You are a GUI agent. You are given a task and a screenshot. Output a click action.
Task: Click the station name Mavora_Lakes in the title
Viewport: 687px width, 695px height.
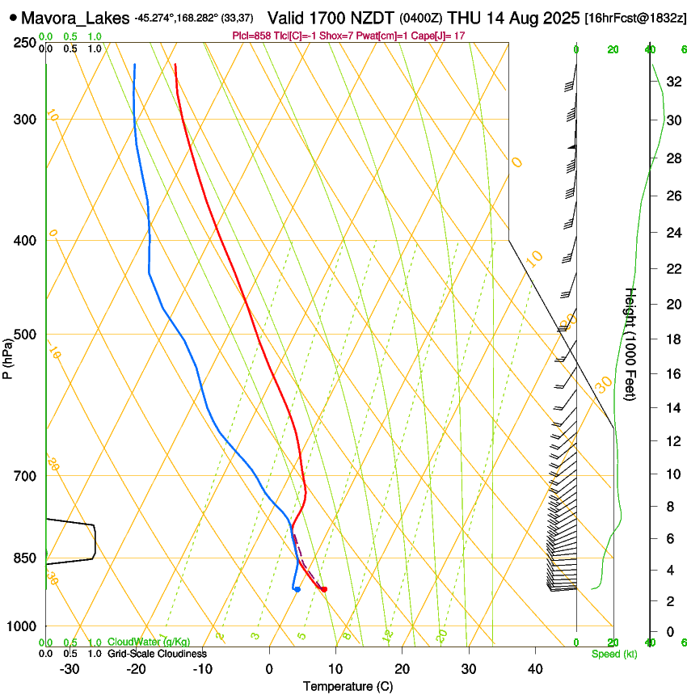74,17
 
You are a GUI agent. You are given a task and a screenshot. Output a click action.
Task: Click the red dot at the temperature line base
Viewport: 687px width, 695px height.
323,589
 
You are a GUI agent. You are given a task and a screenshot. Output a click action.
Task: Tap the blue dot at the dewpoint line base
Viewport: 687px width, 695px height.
297,589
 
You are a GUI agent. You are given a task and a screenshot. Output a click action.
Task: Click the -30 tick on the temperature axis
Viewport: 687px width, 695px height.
70,669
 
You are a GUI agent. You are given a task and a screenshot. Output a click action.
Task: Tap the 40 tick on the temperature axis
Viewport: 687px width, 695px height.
534,669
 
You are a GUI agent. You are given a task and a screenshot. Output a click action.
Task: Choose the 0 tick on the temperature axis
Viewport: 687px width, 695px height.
269,669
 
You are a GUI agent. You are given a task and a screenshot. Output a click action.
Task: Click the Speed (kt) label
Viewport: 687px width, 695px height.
613,654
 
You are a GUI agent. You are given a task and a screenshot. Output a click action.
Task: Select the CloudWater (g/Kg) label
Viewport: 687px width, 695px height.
149,642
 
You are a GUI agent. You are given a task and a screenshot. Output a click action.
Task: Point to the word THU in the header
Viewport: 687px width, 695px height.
464,17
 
